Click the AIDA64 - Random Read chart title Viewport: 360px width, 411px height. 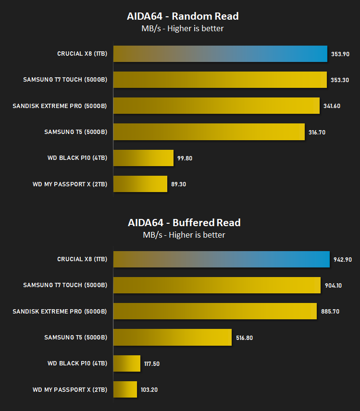tap(183, 16)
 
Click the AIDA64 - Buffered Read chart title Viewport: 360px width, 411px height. tap(184, 222)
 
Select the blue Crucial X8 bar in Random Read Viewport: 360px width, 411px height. tap(221, 54)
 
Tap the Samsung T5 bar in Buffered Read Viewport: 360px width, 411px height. tap(173, 338)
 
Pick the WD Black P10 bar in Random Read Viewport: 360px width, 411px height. tap(143, 158)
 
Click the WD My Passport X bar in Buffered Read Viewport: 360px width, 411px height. tap(125, 389)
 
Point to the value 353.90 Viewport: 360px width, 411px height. tap(340, 54)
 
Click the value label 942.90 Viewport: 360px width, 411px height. tap(342, 259)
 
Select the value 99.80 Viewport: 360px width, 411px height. tap(185, 158)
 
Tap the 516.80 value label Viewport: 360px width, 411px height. tap(244, 338)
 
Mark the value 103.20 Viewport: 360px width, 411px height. tap(149, 389)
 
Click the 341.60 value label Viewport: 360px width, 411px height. tap(332, 106)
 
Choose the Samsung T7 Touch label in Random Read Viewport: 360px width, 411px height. tap(65, 79)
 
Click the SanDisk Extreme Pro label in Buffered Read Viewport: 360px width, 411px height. tap(60, 312)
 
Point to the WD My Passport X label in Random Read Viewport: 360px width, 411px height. tap(70, 184)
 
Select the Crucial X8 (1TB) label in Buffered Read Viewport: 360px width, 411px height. tap(82, 259)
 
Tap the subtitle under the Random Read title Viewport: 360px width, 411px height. tap(182, 28)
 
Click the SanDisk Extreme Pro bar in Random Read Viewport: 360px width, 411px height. tap(216, 106)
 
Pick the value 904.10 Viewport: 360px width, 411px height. tap(333, 286)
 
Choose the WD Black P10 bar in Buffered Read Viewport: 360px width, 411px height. tap(127, 363)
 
